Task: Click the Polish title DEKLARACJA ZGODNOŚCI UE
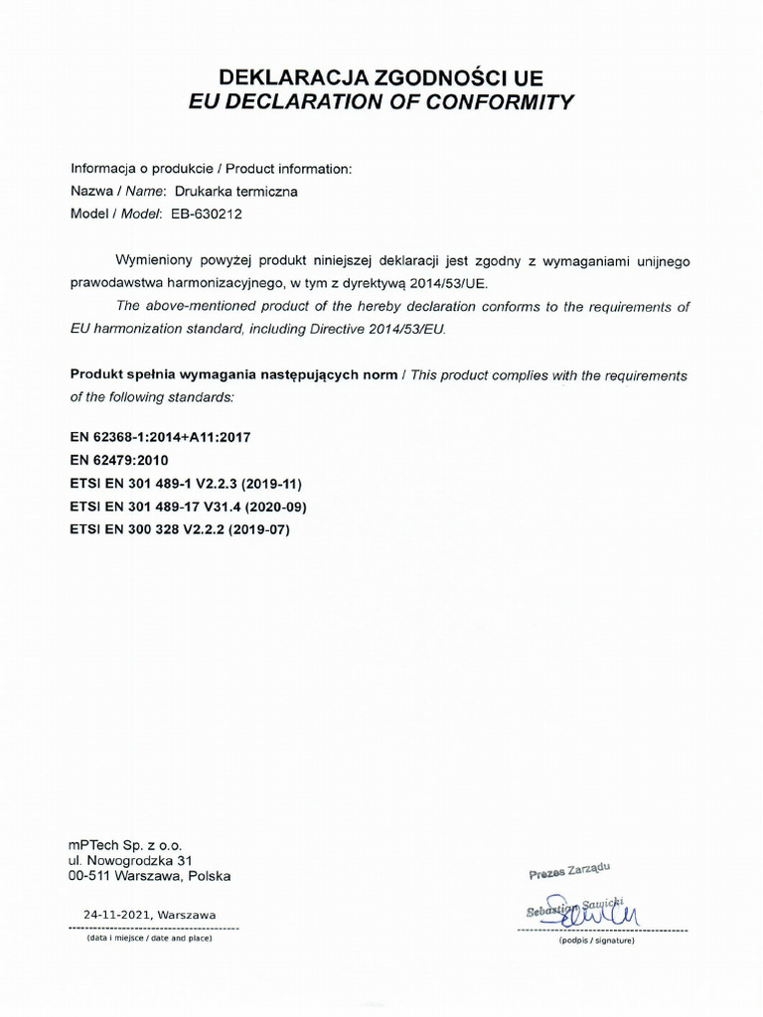(x=381, y=76)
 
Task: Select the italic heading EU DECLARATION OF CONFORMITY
(x=381, y=101)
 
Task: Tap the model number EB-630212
(x=214, y=214)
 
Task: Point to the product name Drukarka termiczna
(x=235, y=191)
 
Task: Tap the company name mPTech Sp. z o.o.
(x=125, y=844)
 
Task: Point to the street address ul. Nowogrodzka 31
(x=129, y=860)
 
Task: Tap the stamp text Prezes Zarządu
(x=569, y=871)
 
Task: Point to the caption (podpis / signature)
(x=596, y=940)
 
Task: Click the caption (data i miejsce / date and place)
(x=150, y=938)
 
